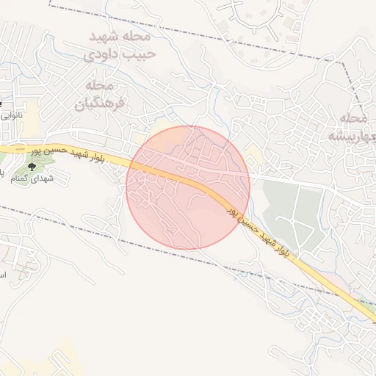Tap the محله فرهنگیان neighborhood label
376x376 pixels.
coord(101,95)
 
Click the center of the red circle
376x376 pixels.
coord(188,188)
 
